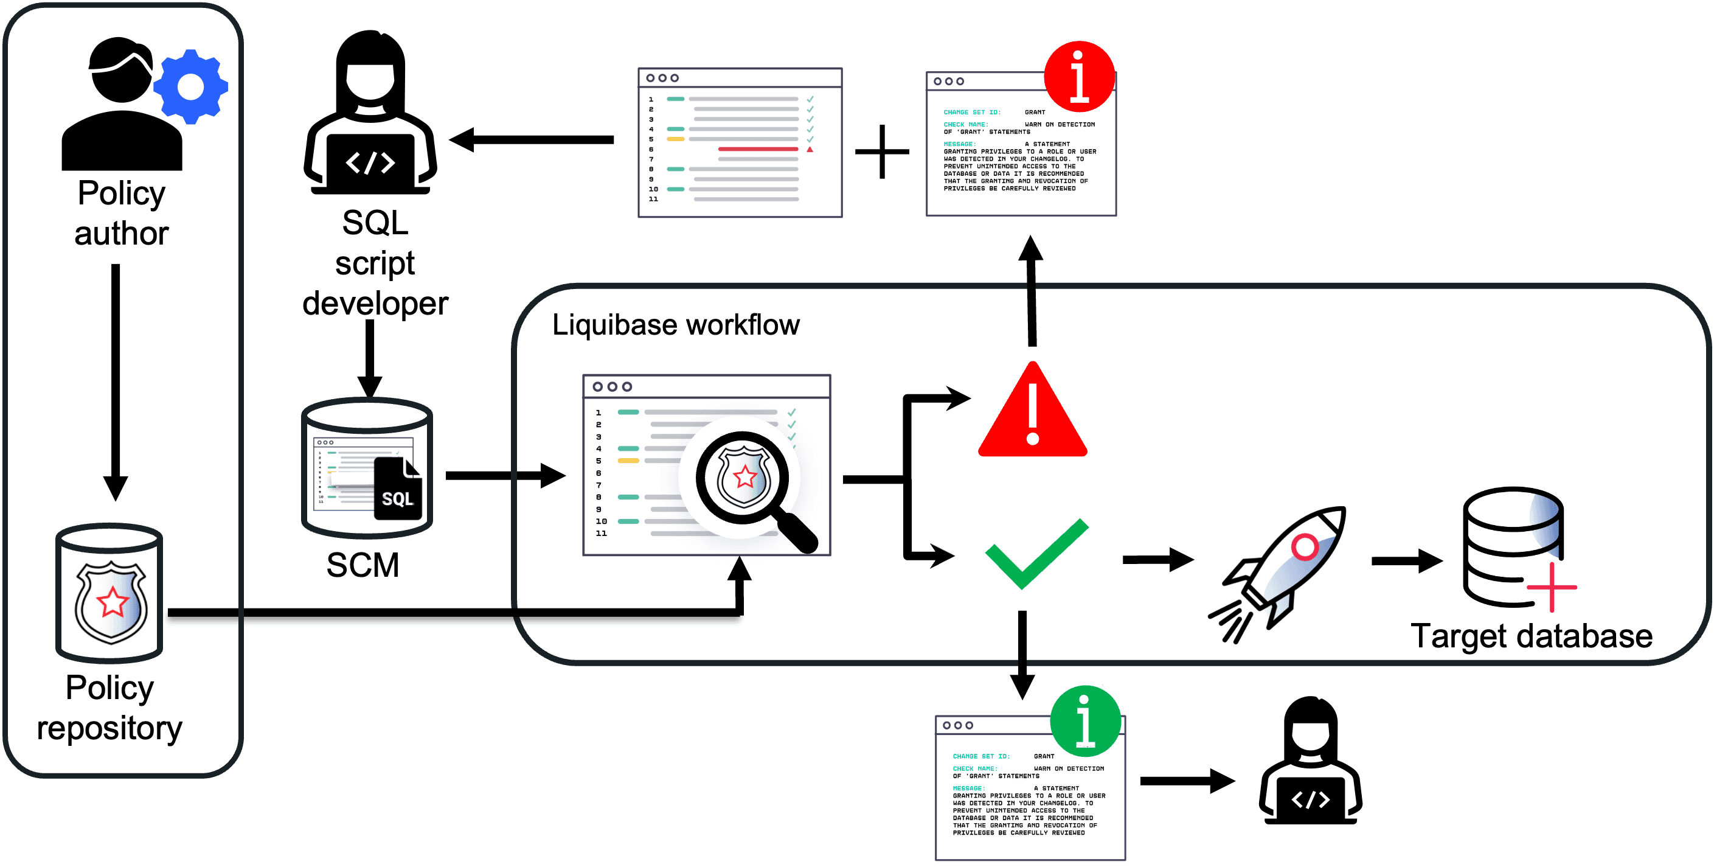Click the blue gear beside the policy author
[x=190, y=86]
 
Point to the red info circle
[x=1078, y=76]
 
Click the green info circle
[x=1085, y=720]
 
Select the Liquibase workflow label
[x=675, y=326]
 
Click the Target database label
[x=1531, y=636]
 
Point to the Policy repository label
[x=110, y=708]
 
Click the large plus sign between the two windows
[x=881, y=151]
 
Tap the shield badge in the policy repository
[x=111, y=602]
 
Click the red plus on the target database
[x=1551, y=588]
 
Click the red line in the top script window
[x=758, y=149]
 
